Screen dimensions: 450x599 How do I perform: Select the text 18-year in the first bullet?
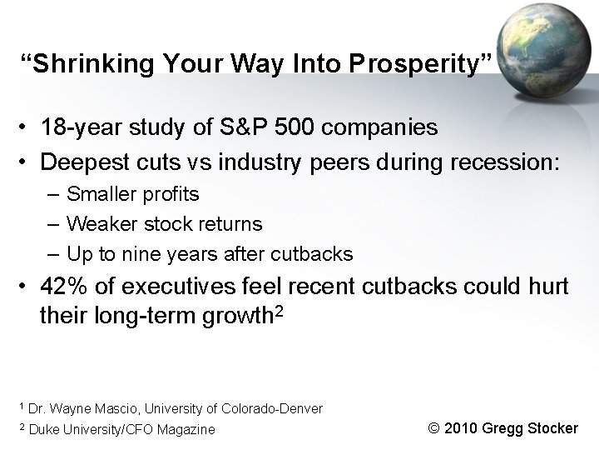tap(78, 128)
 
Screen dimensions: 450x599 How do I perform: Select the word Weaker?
tap(97, 224)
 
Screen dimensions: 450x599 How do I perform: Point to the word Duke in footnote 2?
tap(43, 429)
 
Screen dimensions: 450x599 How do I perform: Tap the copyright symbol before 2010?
tap(433, 428)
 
